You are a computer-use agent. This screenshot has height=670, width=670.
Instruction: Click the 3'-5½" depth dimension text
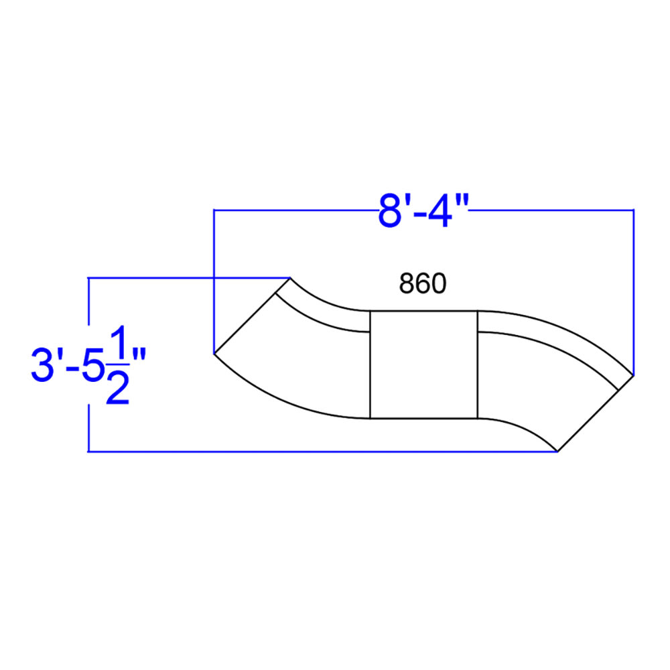[x=88, y=364]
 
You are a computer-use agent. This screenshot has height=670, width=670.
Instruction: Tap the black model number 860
[x=423, y=283]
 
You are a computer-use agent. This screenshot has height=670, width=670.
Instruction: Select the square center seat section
[x=423, y=364]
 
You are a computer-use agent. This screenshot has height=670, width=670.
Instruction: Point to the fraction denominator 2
[x=117, y=387]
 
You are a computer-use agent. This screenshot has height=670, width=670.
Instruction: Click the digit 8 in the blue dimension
[x=389, y=211]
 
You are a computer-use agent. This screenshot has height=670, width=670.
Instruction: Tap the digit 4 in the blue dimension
[x=440, y=211]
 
